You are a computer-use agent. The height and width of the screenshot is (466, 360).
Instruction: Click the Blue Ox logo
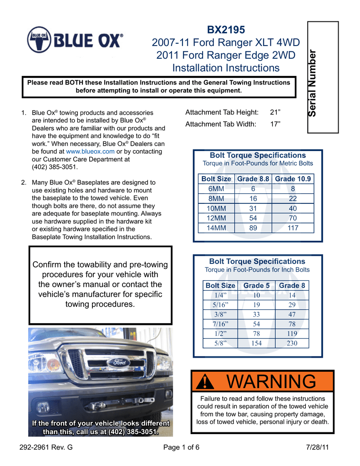(75, 41)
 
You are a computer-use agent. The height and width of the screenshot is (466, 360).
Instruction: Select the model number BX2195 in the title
(226, 30)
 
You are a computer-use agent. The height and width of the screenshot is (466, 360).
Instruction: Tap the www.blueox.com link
(90, 152)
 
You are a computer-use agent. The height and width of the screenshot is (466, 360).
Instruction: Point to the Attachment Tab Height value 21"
(275, 112)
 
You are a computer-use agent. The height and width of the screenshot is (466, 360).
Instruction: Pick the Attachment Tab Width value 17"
(275, 124)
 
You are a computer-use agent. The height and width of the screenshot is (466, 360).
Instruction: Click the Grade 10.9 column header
(293, 179)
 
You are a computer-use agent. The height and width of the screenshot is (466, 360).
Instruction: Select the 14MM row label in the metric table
(216, 228)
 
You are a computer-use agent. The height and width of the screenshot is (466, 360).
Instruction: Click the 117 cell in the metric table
(293, 228)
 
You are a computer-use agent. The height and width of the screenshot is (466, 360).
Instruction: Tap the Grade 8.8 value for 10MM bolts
(253, 208)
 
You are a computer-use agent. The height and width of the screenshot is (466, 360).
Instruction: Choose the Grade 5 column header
(256, 285)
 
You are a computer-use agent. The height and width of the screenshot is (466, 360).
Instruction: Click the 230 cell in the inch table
(292, 343)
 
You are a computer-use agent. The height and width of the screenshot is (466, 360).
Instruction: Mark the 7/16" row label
(220, 324)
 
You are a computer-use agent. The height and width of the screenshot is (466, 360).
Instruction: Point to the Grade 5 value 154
(256, 343)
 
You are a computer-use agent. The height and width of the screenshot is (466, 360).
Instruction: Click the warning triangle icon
(206, 382)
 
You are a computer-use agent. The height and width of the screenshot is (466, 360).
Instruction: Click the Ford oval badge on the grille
(118, 363)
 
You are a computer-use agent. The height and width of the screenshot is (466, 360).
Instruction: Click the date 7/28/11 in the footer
(318, 447)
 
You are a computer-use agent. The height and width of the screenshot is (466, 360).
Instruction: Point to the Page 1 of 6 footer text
(181, 447)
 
